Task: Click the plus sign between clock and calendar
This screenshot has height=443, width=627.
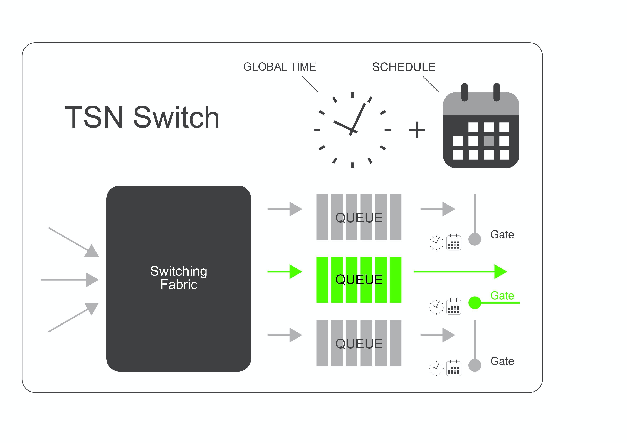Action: [x=417, y=130]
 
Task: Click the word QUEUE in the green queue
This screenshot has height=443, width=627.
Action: [x=359, y=280]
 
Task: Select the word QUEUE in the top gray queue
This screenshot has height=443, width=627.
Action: [x=359, y=218]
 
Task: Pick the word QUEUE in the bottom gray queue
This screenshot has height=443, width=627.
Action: [x=359, y=344]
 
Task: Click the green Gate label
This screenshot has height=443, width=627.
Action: [x=502, y=296]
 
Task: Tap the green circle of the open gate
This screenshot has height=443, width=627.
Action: [x=475, y=303]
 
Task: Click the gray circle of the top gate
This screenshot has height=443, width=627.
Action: [x=475, y=239]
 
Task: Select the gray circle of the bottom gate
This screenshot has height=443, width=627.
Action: [x=475, y=365]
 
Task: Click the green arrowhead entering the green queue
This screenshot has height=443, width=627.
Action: [x=295, y=272]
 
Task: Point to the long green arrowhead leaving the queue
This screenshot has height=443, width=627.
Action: [x=500, y=272]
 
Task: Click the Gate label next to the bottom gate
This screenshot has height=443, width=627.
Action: [x=502, y=361]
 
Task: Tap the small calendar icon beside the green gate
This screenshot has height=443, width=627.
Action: [x=454, y=307]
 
